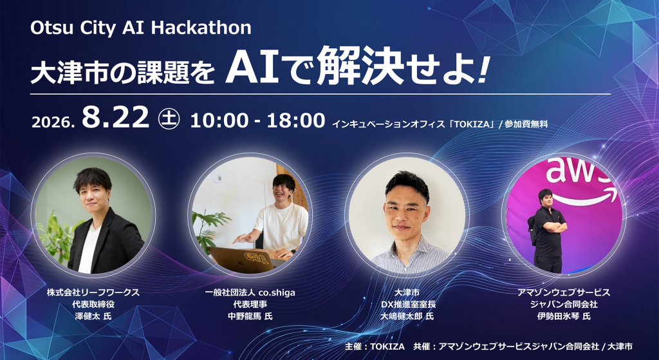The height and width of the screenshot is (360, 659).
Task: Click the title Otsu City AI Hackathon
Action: pyautogui.click(x=141, y=28)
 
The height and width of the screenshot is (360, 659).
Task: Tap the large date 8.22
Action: pyautogui.click(x=116, y=117)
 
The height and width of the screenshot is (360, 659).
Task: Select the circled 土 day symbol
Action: pyautogui.click(x=169, y=118)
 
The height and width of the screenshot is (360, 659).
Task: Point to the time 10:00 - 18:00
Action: pyautogui.click(x=257, y=120)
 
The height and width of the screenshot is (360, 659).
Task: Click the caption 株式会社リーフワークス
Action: pyautogui.click(x=93, y=292)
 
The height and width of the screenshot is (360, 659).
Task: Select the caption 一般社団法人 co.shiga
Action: pyautogui.click(x=250, y=292)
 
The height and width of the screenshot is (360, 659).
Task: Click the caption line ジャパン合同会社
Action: pyautogui.click(x=564, y=304)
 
